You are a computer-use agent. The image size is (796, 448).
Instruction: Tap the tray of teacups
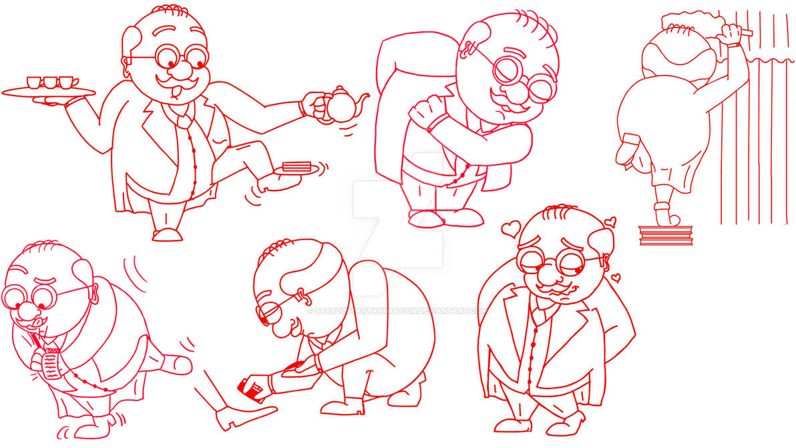(48, 92)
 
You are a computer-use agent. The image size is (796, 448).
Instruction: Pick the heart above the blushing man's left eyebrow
(511, 228)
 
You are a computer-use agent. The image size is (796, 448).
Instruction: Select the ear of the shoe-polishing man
(301, 294)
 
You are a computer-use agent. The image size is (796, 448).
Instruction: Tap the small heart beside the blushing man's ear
(615, 277)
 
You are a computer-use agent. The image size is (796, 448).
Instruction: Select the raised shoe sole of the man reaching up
(628, 148)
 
